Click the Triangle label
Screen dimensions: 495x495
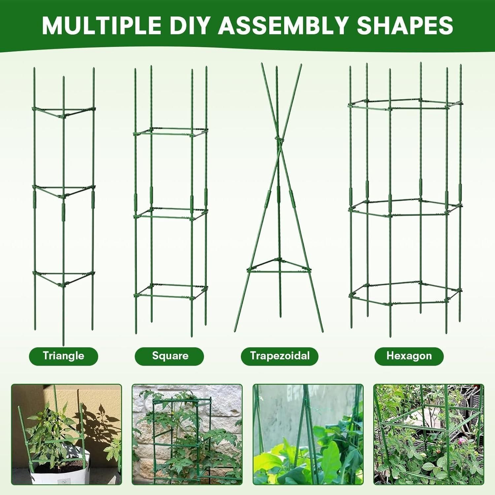pyautogui.click(x=63, y=356)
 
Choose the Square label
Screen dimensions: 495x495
pyautogui.click(x=170, y=356)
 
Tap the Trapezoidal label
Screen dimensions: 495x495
pyautogui.click(x=280, y=356)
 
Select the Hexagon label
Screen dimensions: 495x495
pyautogui.click(x=409, y=356)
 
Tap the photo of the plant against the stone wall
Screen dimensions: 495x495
pyautogui.click(x=187, y=435)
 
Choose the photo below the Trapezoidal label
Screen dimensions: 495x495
pyautogui.click(x=308, y=435)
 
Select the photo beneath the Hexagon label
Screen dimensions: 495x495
pyautogui.click(x=429, y=435)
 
